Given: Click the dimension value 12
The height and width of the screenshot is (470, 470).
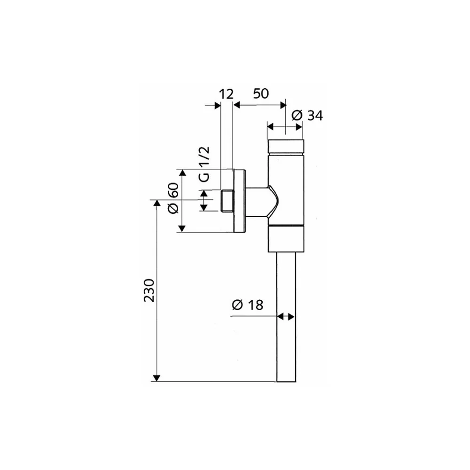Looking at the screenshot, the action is coord(226,94).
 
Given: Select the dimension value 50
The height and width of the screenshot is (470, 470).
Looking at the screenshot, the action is coord(261,94).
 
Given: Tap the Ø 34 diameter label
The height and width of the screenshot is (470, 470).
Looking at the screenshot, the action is coord(307,116).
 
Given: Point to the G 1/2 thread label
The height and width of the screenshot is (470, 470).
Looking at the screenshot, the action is coord(204,164).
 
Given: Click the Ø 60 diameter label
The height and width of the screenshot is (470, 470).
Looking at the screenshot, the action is coord(173,198).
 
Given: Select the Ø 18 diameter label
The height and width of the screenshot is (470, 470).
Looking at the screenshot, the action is coord(248,305).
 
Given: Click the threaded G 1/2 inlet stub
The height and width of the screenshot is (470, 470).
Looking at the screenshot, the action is coord(227,201).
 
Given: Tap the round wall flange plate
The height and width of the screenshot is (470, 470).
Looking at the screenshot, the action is coord(240,201).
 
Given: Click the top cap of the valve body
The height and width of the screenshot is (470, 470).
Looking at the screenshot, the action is coord(286,146).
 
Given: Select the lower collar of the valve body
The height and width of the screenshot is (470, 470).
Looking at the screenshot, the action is coord(286,239).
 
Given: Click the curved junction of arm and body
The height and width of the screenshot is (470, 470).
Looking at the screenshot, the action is coord(274,202).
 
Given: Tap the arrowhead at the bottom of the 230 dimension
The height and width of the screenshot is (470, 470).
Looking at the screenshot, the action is coord(157,378).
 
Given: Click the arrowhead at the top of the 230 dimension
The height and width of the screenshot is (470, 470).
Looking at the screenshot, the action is coord(157,203).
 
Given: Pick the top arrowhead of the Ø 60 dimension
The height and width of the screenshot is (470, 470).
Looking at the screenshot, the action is coord(181,173).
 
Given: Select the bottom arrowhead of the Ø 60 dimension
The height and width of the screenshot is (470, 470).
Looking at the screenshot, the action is coord(181,229).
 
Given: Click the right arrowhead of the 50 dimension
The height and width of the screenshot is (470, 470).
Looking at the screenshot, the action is coord(282,105).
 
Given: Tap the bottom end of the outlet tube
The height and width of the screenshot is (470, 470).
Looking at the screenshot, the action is coord(286,382).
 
